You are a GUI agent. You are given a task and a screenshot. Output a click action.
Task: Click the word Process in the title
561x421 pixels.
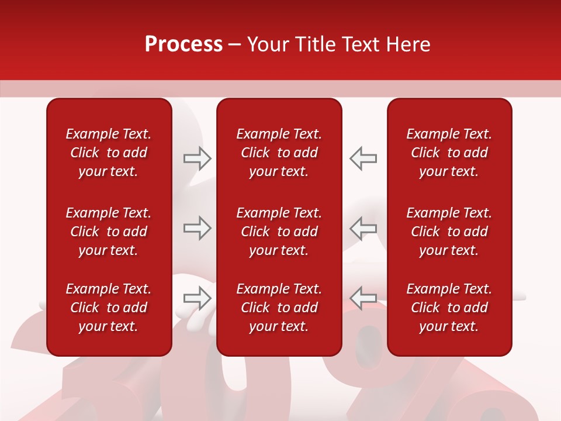tap(183, 44)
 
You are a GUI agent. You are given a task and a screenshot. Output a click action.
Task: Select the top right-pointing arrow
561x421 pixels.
tap(197, 158)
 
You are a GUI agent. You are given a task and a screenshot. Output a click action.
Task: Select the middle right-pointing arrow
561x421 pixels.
tap(197, 228)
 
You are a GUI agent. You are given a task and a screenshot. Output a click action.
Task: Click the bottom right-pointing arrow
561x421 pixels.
tap(197, 298)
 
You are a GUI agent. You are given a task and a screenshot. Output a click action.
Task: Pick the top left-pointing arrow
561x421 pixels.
tap(363, 158)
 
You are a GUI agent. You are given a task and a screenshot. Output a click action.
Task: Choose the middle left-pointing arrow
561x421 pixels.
tap(363, 228)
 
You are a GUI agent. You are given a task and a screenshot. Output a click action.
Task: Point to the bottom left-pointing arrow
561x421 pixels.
tap(363, 298)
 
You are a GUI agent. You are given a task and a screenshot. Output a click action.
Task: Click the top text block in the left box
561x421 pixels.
tap(109, 153)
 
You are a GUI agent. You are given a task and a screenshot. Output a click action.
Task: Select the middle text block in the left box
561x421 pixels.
tap(109, 232)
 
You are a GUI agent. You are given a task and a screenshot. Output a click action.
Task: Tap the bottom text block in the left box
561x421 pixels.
tap(109, 308)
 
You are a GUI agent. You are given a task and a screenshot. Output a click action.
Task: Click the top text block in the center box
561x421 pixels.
tap(279, 153)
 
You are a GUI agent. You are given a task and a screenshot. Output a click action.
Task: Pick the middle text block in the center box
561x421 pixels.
tap(279, 232)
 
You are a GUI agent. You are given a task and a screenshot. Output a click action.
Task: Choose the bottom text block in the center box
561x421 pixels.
tap(279, 308)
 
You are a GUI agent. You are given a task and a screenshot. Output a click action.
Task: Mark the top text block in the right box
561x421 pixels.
tap(449, 153)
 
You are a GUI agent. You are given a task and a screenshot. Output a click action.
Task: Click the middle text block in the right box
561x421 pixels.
tap(449, 232)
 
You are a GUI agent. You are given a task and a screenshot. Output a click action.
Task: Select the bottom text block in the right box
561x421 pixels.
tap(449, 308)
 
